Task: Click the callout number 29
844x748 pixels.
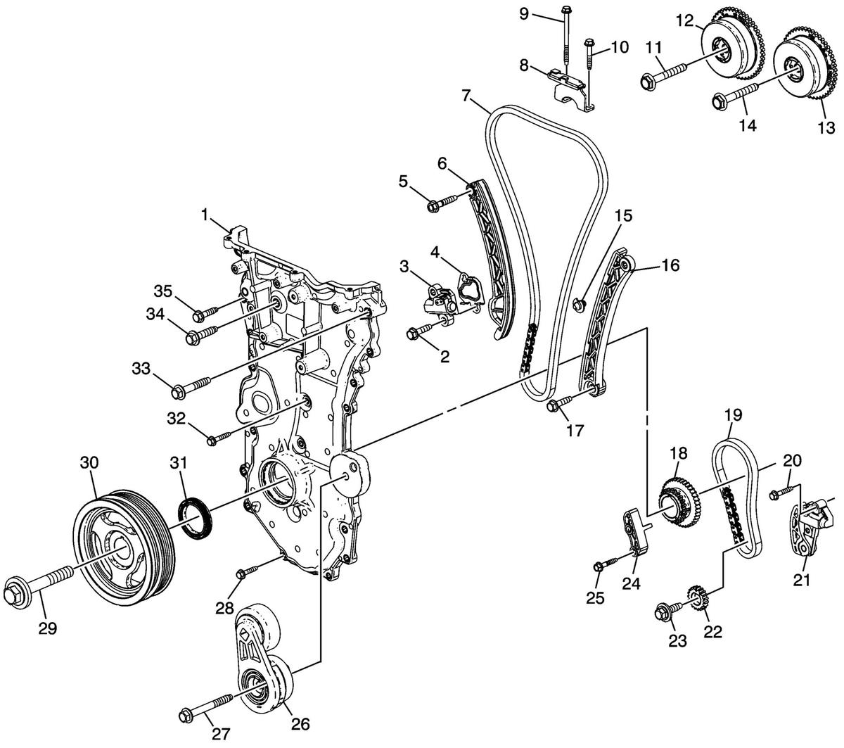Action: (48, 628)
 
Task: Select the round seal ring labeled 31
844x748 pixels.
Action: (195, 516)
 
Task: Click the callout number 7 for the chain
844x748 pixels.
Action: (466, 96)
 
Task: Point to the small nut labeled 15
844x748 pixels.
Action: (579, 304)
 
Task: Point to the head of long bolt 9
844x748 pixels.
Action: (565, 9)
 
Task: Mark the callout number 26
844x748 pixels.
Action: (300, 724)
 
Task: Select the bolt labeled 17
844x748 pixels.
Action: (567, 402)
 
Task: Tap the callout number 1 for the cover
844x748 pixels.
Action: (205, 215)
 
